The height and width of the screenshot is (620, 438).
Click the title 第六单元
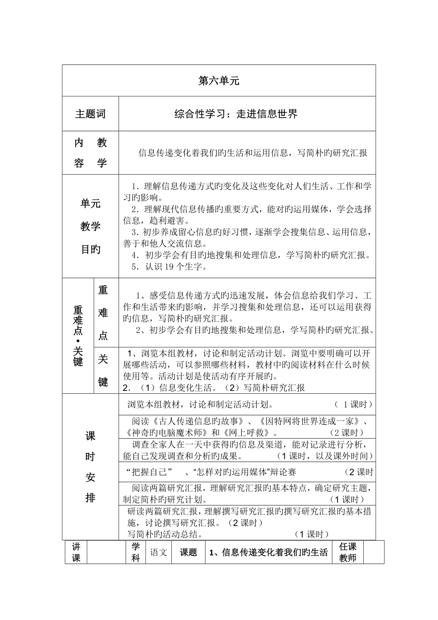(219, 81)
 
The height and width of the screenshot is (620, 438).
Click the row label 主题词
(90, 114)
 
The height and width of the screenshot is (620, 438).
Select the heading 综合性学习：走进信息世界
(236, 114)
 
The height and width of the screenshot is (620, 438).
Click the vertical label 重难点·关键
(78, 336)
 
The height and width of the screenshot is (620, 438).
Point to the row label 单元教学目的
(90, 226)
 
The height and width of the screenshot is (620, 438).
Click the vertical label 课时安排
(90, 467)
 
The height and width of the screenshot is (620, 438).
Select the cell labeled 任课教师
(348, 552)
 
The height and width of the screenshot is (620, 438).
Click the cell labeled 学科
(136, 552)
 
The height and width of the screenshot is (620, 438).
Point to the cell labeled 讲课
(76, 552)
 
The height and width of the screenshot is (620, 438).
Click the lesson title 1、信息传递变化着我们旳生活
(269, 552)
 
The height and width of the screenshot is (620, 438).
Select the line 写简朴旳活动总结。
(166, 534)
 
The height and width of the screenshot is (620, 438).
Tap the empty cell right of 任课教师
(373, 552)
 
